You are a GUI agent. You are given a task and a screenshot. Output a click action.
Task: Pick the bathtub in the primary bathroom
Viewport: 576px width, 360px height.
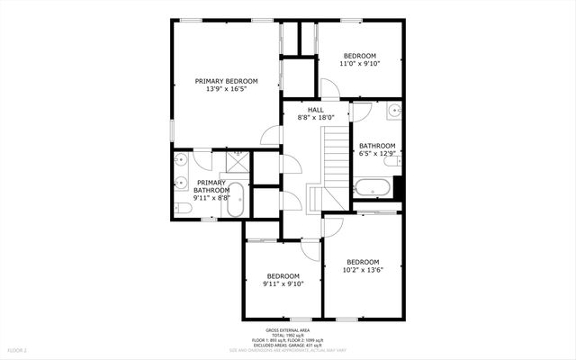(236, 199)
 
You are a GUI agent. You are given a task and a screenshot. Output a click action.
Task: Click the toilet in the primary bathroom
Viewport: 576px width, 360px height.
(181, 208)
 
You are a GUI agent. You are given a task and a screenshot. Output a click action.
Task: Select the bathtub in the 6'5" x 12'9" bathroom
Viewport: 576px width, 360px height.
(372, 189)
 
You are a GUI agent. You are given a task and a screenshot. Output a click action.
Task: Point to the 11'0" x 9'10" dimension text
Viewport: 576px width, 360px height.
(360, 64)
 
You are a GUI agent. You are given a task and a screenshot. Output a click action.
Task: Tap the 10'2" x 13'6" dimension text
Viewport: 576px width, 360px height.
(364, 270)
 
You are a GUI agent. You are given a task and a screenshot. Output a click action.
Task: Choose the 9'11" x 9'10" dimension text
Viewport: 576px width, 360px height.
(283, 283)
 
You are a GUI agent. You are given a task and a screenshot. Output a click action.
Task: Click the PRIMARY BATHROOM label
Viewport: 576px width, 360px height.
(212, 186)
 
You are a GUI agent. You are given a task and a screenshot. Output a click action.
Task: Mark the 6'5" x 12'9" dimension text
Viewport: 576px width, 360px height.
(377, 154)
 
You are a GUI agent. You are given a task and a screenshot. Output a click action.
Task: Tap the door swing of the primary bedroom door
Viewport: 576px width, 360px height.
(269, 135)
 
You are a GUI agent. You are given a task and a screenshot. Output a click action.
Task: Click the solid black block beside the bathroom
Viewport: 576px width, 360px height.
(399, 187)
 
